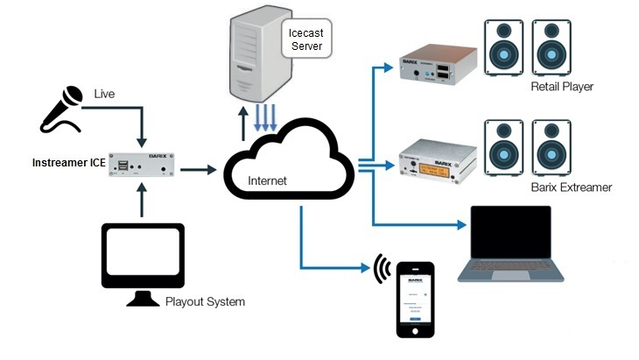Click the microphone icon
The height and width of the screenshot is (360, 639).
[60, 111]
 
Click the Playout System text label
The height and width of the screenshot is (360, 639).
[205, 302]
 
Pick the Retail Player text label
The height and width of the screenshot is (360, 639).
[561, 87]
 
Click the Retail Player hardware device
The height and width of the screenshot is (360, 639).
[438, 68]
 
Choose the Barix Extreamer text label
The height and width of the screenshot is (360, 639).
[571, 187]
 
